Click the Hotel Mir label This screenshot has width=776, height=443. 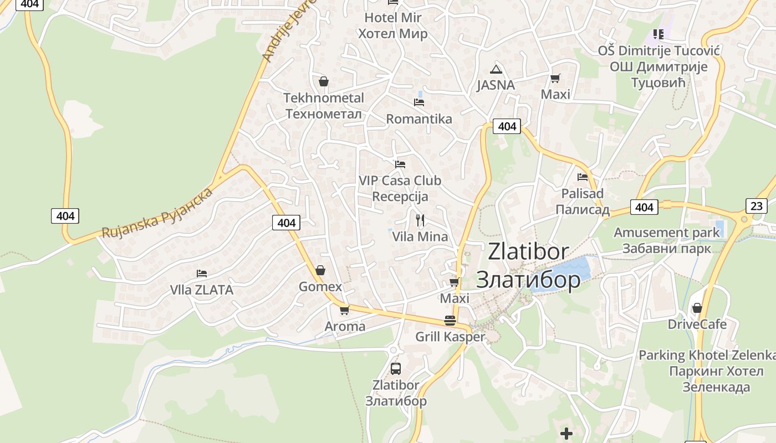(392, 25)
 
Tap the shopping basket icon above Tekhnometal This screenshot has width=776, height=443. (324, 82)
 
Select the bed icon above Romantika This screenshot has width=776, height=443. (419, 102)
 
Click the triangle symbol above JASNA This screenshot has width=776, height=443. (496, 69)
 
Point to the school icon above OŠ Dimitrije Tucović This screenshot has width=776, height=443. (658, 34)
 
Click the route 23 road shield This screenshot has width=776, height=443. (757, 206)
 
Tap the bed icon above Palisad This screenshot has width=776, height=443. (583, 177)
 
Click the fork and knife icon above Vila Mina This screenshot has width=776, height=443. (420, 220)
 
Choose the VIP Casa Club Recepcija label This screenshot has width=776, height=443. (400, 188)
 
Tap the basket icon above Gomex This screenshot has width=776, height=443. (320, 271)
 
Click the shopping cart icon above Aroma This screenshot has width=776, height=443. (345, 310)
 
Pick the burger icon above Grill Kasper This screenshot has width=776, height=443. (450, 321)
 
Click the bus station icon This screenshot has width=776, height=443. (396, 368)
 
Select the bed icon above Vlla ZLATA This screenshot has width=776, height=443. (202, 274)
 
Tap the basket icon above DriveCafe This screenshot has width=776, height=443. (697, 308)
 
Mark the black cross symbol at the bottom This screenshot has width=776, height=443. (566, 433)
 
